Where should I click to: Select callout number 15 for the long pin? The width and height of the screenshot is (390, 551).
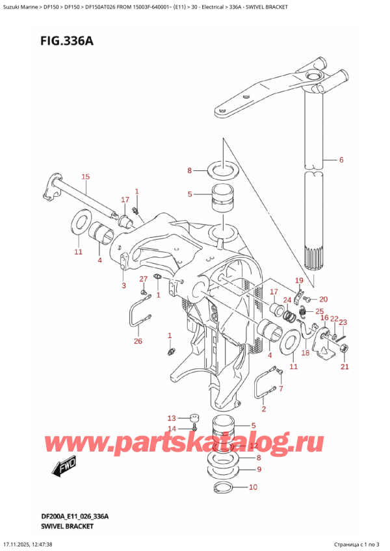(85, 177)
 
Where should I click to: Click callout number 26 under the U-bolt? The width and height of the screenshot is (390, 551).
(138, 341)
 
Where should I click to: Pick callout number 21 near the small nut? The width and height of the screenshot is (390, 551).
(344, 367)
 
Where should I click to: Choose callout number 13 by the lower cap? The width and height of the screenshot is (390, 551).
(172, 418)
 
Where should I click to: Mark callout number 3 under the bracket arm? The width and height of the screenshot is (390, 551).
(124, 285)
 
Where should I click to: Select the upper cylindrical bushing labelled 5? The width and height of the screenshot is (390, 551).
(221, 198)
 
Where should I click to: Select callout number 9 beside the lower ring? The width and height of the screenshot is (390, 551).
(259, 469)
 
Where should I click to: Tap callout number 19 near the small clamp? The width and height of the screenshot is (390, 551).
(299, 281)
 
